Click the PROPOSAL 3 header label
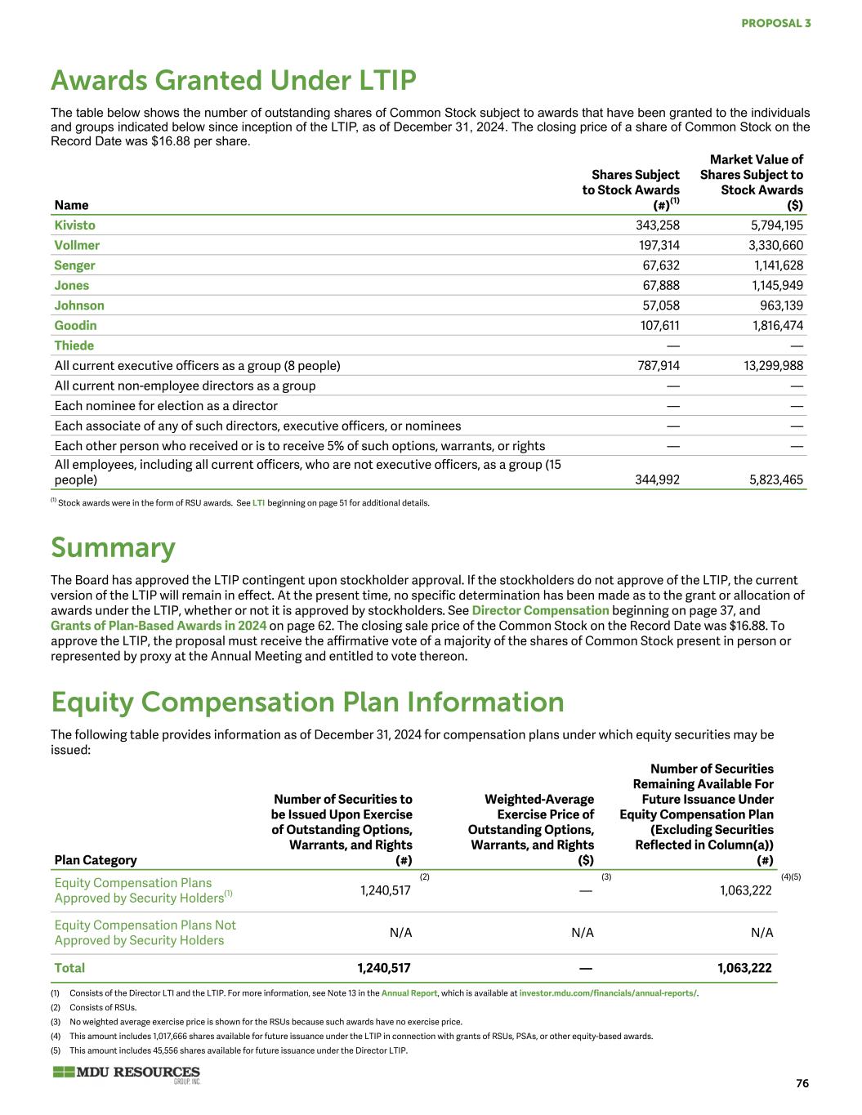point(775,23)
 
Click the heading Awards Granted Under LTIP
point(234,80)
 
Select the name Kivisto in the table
point(74,225)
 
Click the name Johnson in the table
point(79,306)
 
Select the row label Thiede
point(74,346)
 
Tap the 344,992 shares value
point(657,479)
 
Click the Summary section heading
point(113,547)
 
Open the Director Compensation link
point(540,610)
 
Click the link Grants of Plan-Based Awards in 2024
point(159,626)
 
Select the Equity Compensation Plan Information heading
point(307,702)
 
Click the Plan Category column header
point(96,859)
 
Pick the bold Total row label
point(69,968)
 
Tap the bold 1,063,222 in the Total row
point(744,968)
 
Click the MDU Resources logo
point(126,1073)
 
